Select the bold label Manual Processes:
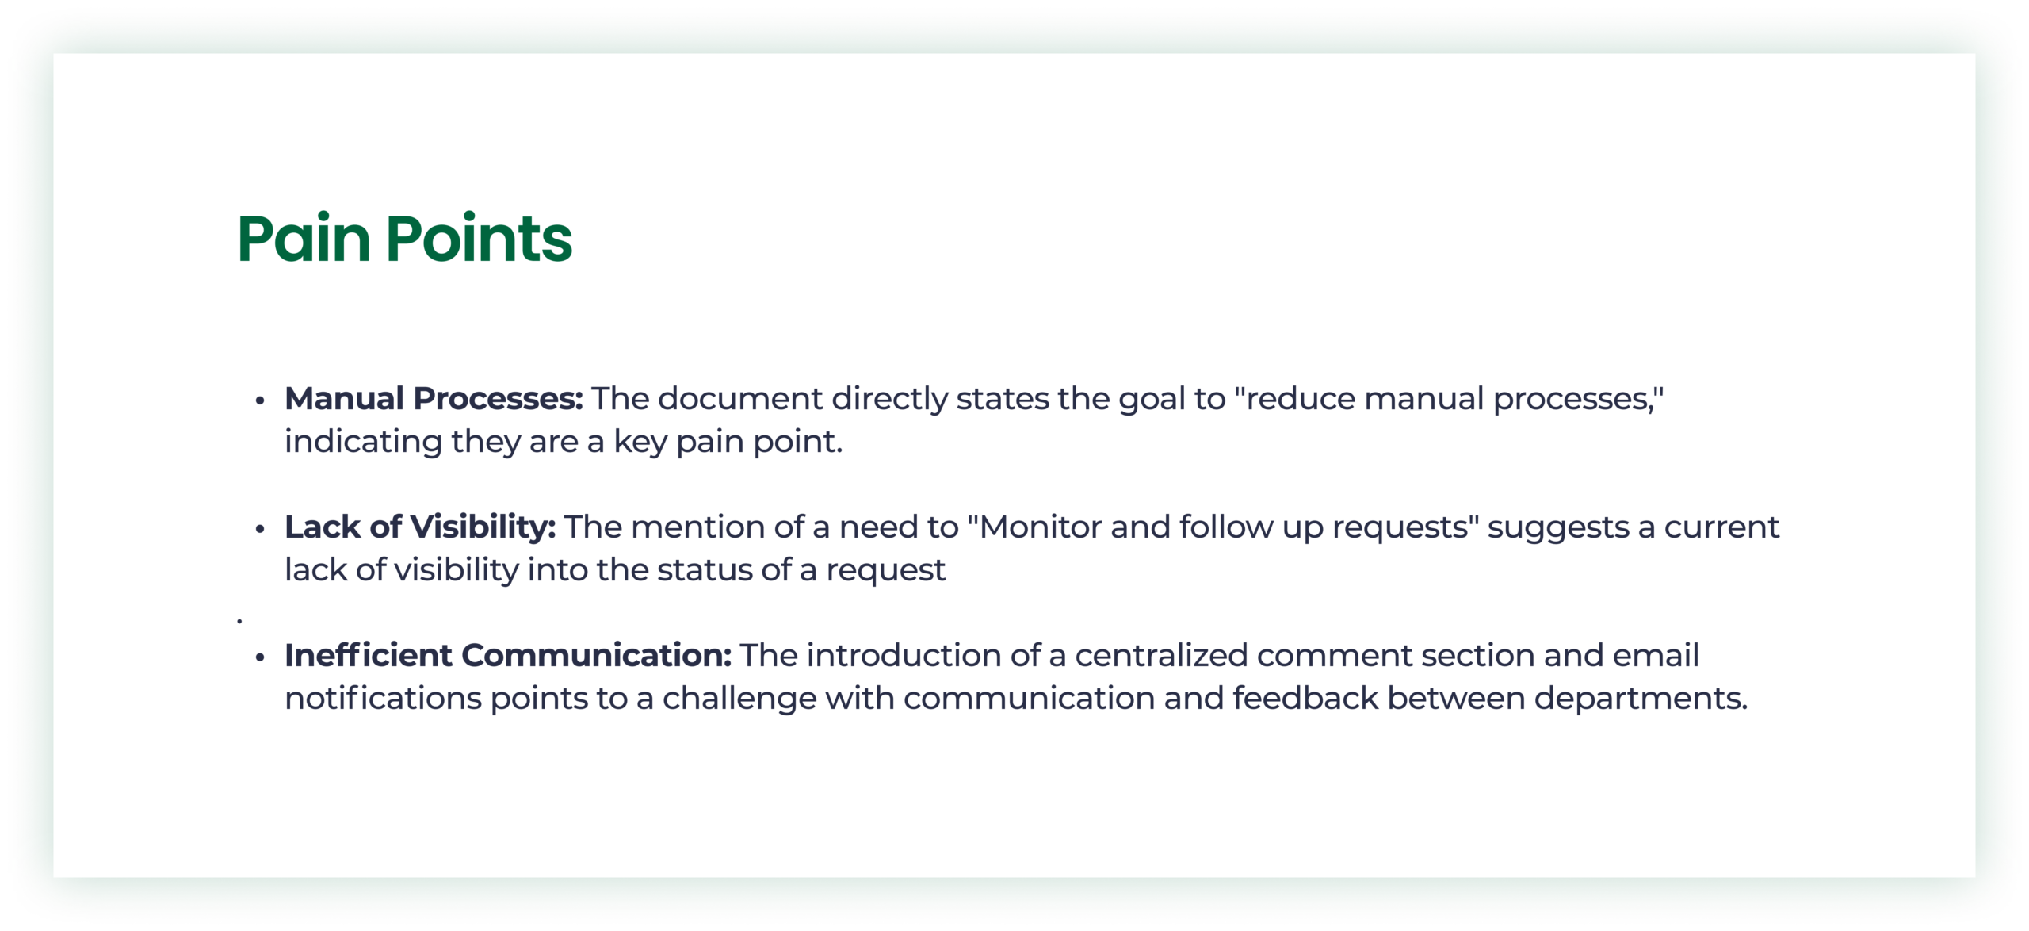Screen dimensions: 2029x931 [434, 398]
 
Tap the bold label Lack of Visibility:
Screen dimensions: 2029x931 [420, 527]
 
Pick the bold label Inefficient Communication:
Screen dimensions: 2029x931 [508, 655]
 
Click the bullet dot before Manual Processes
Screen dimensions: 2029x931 [259, 400]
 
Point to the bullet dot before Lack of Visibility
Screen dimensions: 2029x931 [259, 529]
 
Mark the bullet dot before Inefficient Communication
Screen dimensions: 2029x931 [259, 657]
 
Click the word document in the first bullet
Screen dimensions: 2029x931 [740, 398]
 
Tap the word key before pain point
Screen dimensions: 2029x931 [640, 443]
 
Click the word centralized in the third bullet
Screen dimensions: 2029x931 [1161, 655]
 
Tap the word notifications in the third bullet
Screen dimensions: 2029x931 [384, 698]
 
